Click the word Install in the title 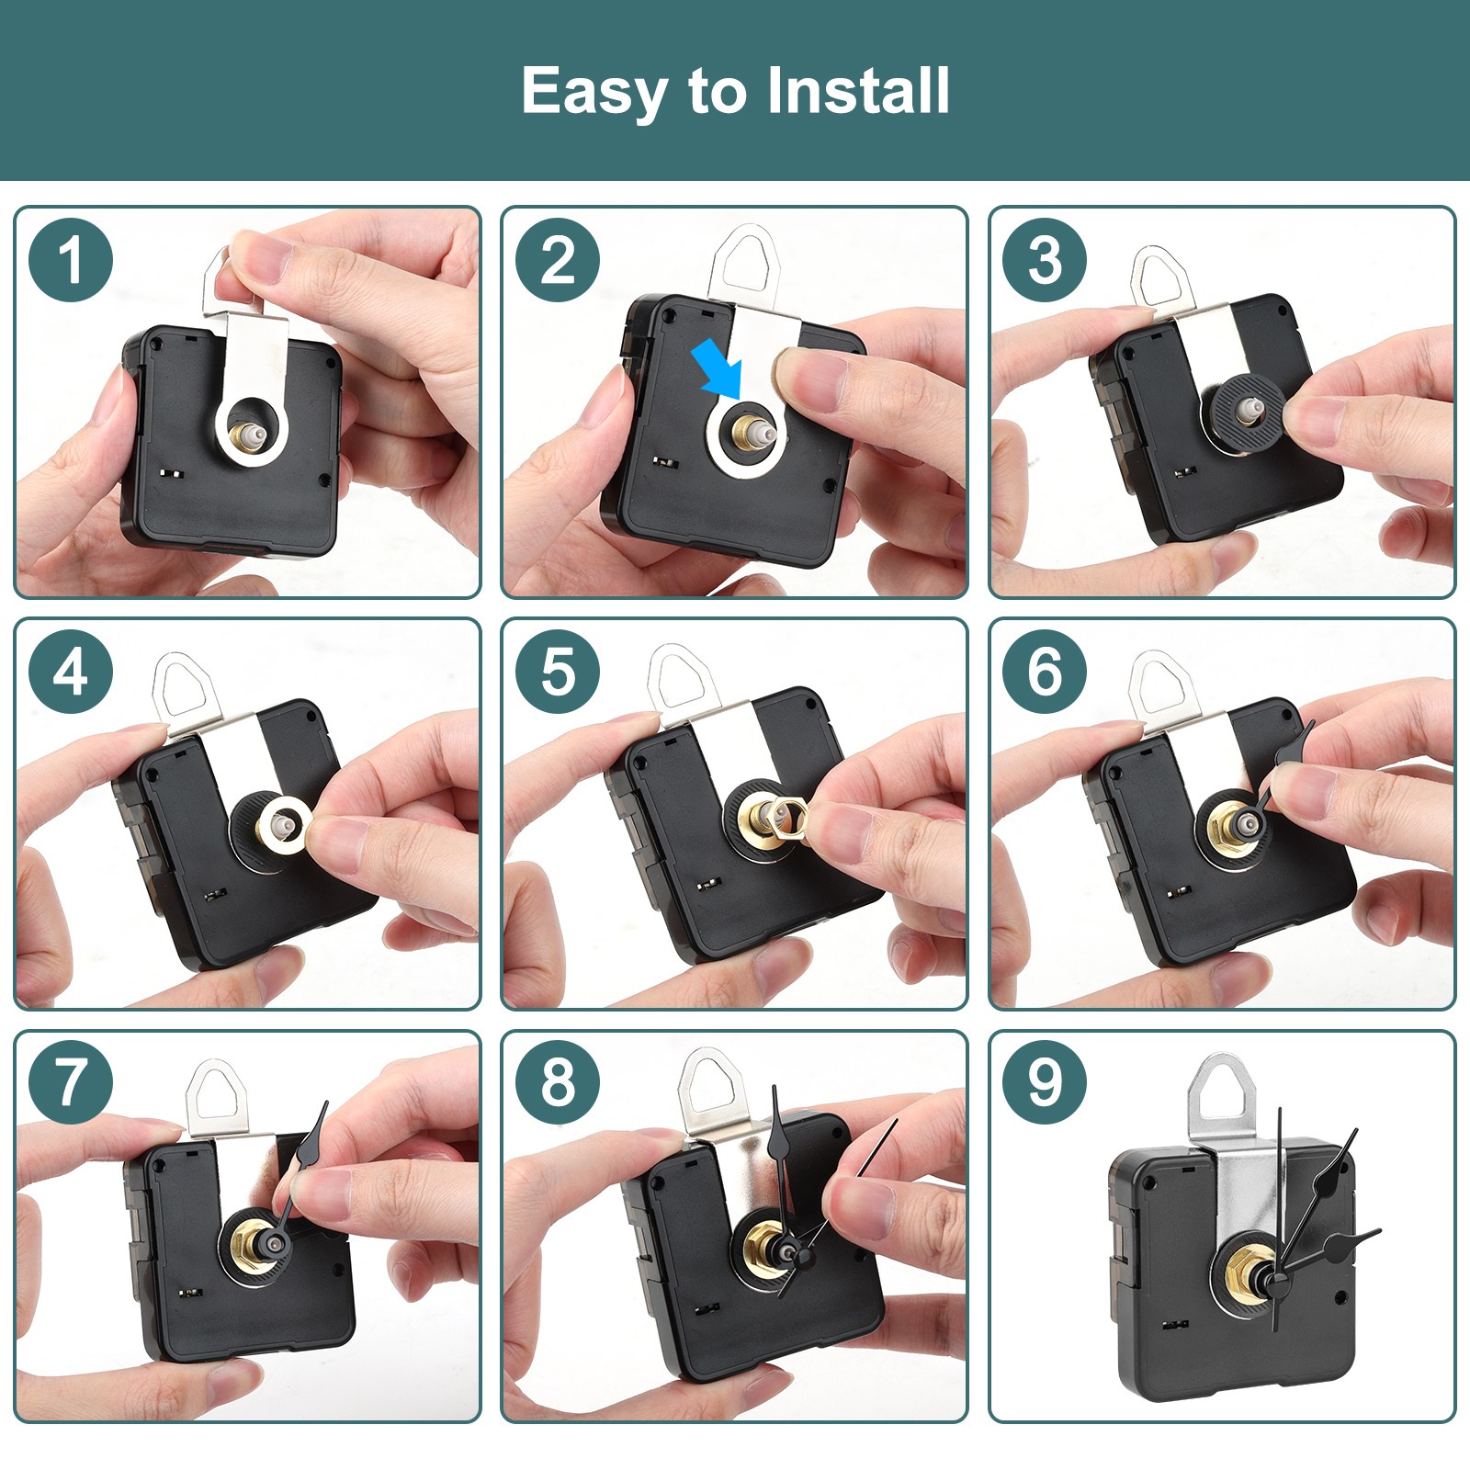pyautogui.click(x=858, y=90)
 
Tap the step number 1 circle pyautogui.click(x=71, y=260)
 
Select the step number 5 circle pyautogui.click(x=558, y=672)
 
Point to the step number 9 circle pyautogui.click(x=1045, y=1082)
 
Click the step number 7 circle pyautogui.click(x=71, y=1082)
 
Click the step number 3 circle pyautogui.click(x=1045, y=260)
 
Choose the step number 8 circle pyautogui.click(x=558, y=1082)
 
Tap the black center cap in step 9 pyautogui.click(x=1275, y=1279)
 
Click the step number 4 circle pyautogui.click(x=71, y=672)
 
